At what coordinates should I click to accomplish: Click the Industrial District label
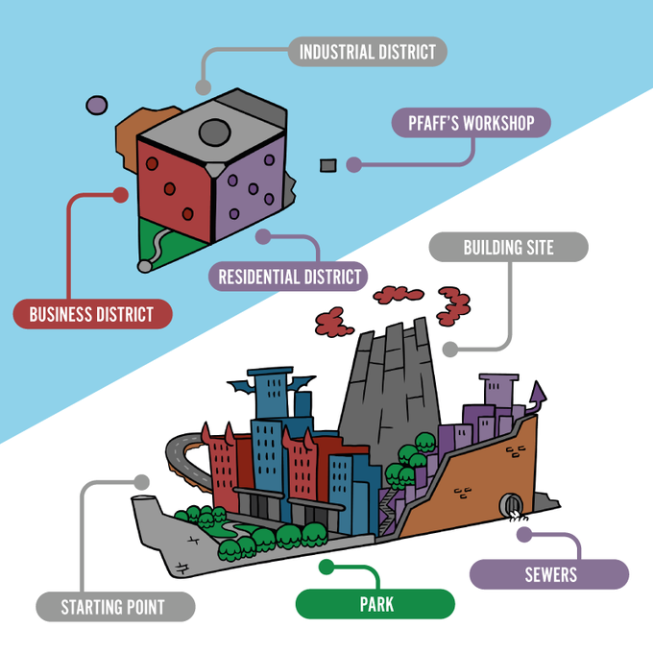[368, 51]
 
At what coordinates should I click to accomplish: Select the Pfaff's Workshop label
[471, 123]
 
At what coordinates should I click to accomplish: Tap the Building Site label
[508, 247]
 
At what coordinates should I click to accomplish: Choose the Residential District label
[288, 278]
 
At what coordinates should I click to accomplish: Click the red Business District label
[91, 314]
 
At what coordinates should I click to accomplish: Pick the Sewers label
[549, 574]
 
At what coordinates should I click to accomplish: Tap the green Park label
[375, 605]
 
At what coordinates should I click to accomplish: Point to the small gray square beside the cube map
[327, 164]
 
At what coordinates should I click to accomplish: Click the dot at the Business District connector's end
[120, 194]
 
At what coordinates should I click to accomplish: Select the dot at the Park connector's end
[326, 567]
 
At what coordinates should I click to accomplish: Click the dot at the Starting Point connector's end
[143, 480]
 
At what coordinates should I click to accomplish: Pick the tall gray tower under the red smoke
[390, 384]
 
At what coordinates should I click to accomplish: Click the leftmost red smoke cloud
[330, 320]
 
